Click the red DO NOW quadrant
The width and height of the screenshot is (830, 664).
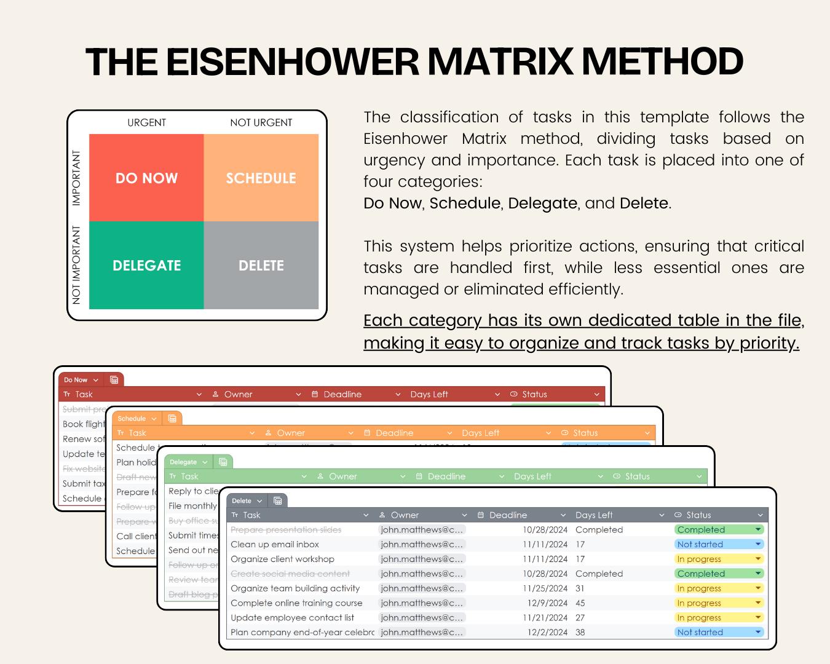point(146,178)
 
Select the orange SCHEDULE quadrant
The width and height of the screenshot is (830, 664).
point(261,178)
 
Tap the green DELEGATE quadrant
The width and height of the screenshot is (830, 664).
point(146,266)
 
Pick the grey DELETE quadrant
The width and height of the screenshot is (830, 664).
point(261,266)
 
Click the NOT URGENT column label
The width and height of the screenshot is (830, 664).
point(261,122)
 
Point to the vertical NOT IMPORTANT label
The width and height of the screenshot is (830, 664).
point(76,265)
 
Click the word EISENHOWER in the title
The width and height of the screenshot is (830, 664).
point(292,61)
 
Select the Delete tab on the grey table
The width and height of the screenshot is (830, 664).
point(242,500)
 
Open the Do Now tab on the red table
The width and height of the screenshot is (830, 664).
point(76,380)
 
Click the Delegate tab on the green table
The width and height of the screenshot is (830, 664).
point(183,462)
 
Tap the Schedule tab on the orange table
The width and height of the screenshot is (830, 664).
point(132,419)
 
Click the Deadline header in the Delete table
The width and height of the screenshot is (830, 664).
point(508,515)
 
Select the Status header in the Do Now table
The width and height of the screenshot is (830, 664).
point(534,394)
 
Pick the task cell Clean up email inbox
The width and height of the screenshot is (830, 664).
point(275,544)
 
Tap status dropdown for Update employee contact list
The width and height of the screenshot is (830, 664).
point(758,618)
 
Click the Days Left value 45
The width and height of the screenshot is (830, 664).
point(580,603)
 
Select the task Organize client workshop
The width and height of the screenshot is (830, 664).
point(282,559)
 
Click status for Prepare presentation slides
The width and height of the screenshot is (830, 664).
point(719,529)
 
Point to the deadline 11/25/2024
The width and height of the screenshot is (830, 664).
point(545,588)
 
